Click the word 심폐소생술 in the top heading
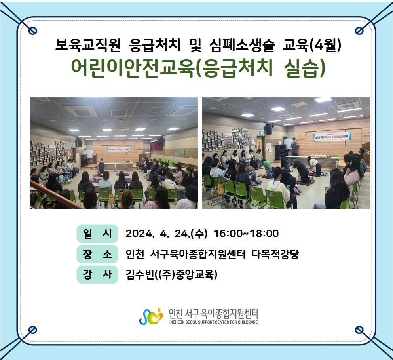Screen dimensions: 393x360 (242, 46)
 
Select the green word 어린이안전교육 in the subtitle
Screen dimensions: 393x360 (133, 68)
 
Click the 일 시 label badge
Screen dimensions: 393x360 (97, 234)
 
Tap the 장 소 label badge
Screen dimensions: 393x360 (97, 254)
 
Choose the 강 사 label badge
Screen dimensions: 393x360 (97, 274)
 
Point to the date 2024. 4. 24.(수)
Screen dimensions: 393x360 (167, 234)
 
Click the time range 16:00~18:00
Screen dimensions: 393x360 (246, 234)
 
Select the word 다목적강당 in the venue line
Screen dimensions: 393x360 (275, 254)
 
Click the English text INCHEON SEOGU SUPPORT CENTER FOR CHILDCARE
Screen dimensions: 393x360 (214, 322)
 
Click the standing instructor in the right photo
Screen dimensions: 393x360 (295, 147)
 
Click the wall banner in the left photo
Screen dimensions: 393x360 (118, 149)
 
